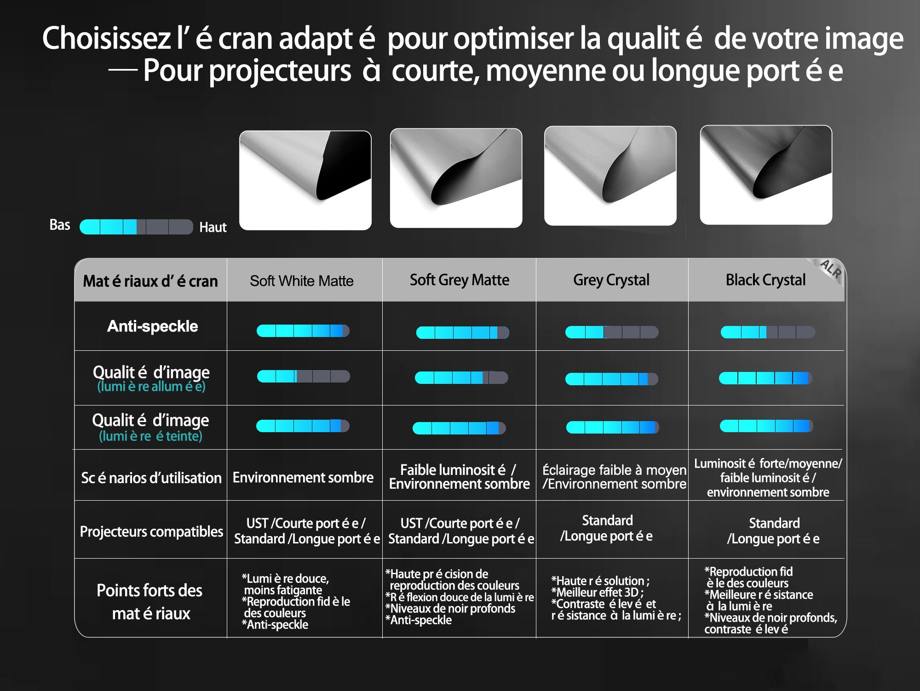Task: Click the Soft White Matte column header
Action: [302, 281]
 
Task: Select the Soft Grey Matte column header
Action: [460, 280]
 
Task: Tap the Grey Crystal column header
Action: [611, 280]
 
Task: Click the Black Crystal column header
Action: [765, 280]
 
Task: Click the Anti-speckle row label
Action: [152, 326]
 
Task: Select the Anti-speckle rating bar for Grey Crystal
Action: [611, 332]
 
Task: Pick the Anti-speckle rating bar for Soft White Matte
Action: [303, 331]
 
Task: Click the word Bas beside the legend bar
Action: [60, 225]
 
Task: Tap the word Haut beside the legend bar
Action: [213, 227]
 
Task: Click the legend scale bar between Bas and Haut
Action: [136, 227]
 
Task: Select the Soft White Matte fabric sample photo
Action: [305, 180]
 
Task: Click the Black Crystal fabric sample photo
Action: [766, 175]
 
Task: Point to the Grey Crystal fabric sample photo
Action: [610, 176]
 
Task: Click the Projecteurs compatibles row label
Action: [151, 531]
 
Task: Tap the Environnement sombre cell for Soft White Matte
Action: [303, 478]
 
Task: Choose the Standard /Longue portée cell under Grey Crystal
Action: [607, 528]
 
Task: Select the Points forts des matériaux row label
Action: [150, 602]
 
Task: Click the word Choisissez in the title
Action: [107, 38]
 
